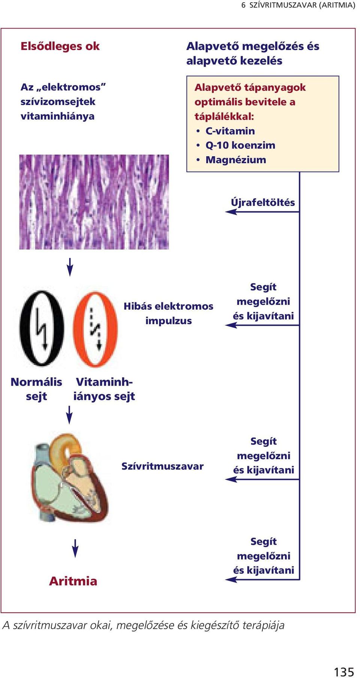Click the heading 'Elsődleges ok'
pyautogui.click(x=60, y=46)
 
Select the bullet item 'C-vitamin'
pyautogui.click(x=230, y=131)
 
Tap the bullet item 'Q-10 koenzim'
pyautogui.click(x=240, y=145)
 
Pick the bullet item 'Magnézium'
pyautogui.click(x=235, y=160)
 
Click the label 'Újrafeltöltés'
pyautogui.click(x=263, y=202)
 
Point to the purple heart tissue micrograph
pyautogui.click(x=94, y=202)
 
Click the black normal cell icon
pyautogui.click(x=42, y=328)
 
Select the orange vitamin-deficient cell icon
pyautogui.click(x=95, y=329)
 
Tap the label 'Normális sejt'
pyautogui.click(x=36, y=389)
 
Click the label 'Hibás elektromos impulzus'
pyautogui.click(x=168, y=313)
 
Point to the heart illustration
pyautogui.click(x=70, y=477)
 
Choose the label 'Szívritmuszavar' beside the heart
pyautogui.click(x=162, y=466)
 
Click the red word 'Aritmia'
pyautogui.click(x=73, y=581)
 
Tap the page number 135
pyautogui.click(x=344, y=672)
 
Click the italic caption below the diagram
pyautogui.click(x=143, y=625)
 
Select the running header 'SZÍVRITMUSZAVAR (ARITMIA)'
pyautogui.click(x=302, y=5)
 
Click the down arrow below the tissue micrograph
pyautogui.click(x=70, y=267)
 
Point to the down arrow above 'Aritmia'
pyautogui.click(x=75, y=548)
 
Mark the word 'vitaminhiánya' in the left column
pyautogui.click(x=57, y=116)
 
